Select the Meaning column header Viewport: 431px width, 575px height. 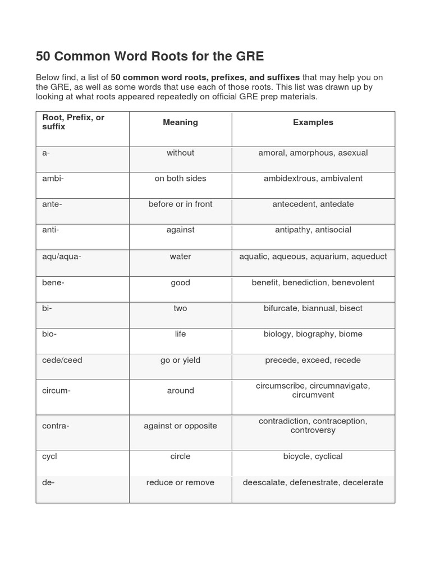180,122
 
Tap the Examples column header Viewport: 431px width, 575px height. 313,122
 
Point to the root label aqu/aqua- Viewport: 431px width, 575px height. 62,257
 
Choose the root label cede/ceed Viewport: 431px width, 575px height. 62,360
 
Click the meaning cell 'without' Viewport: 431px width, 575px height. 180,153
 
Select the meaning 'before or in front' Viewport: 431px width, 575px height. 180,204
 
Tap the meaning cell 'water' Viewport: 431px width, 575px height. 180,257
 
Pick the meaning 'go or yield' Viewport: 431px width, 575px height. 180,360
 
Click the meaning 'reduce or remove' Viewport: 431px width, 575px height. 180,482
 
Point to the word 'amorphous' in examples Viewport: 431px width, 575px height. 311,153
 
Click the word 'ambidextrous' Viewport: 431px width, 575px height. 290,179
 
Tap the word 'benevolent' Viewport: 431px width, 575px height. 353,282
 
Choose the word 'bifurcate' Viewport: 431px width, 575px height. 281,308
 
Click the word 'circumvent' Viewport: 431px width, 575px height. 313,395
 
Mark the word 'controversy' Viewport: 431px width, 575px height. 313,430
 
